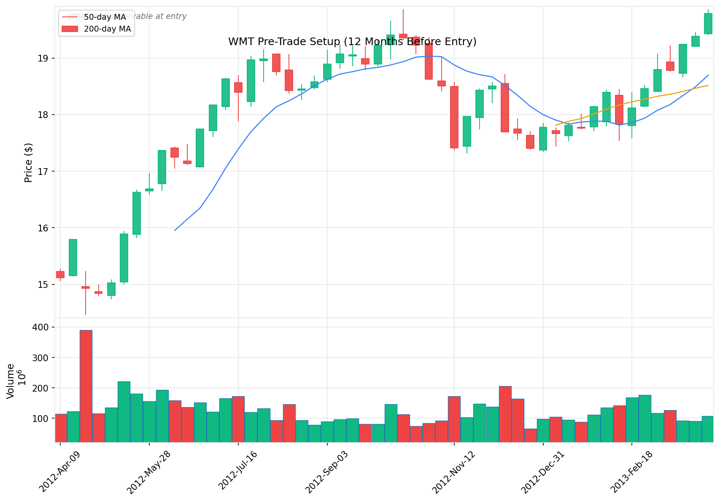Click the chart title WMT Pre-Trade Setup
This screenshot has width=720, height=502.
pos(352,42)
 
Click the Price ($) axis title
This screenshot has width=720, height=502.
pos(28,163)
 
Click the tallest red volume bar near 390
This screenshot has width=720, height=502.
pos(86,386)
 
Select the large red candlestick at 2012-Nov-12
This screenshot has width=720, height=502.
pos(454,117)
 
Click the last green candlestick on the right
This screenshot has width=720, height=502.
pos(708,24)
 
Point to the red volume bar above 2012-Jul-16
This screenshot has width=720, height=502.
pos(238,419)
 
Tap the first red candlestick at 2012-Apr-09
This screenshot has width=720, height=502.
pos(60,274)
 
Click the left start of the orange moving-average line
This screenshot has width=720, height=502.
pos(556,125)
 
